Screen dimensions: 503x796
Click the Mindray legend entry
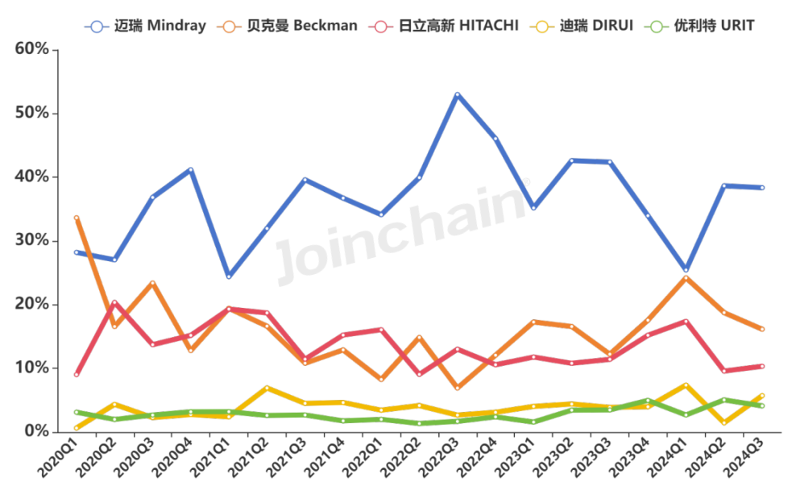click(145, 26)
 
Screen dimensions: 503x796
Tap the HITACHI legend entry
click(446, 26)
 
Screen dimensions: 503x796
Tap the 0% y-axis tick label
click(36, 431)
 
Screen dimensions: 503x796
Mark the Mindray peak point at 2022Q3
click(458, 94)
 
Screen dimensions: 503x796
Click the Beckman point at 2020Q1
click(77, 218)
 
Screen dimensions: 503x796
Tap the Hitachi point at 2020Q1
click(77, 374)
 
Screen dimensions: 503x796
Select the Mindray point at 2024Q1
click(686, 269)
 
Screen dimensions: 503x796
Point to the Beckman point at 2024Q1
click(686, 278)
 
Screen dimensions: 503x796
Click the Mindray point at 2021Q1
click(229, 276)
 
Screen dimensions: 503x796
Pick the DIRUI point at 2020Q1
click(77, 427)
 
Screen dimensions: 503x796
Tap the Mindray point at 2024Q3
click(761, 188)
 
